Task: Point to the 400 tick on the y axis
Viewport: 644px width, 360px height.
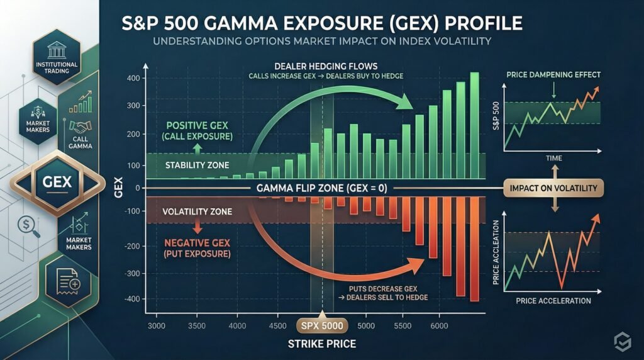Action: [131, 79]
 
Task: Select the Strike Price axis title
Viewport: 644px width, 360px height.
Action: [322, 344]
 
